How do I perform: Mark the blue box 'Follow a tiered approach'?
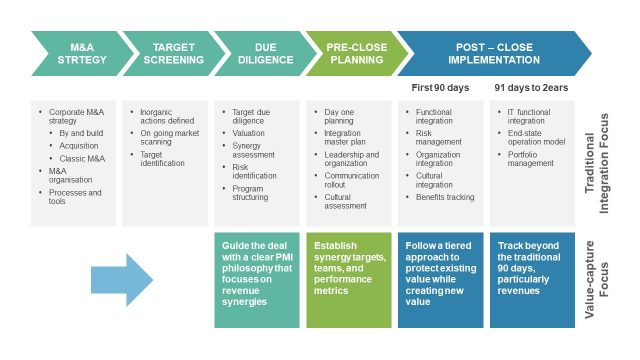pyautogui.click(x=441, y=281)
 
